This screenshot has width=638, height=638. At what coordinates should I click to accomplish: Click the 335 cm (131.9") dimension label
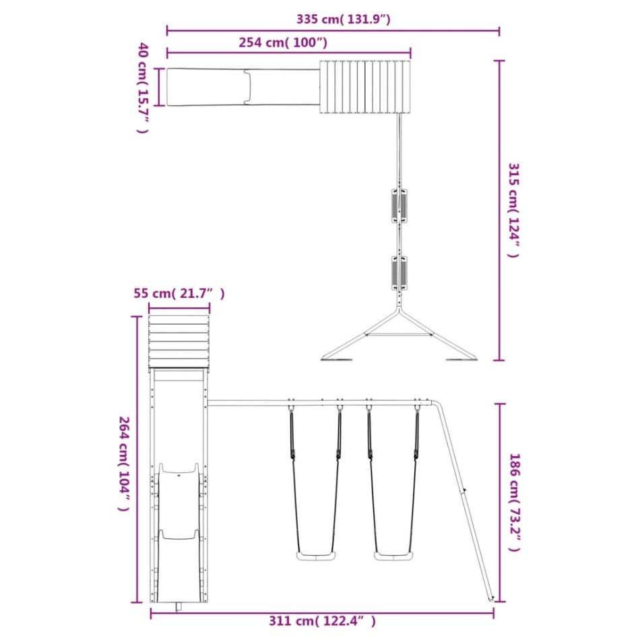(x=343, y=19)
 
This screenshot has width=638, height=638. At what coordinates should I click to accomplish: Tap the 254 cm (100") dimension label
(x=283, y=42)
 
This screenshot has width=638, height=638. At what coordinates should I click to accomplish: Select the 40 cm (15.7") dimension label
(x=143, y=88)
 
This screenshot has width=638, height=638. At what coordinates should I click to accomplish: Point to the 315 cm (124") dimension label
(x=514, y=210)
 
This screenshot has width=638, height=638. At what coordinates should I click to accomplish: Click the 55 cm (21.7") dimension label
(x=179, y=293)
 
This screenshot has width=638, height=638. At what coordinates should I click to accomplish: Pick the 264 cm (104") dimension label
(x=124, y=464)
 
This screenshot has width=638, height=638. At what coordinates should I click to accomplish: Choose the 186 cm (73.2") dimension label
(x=515, y=503)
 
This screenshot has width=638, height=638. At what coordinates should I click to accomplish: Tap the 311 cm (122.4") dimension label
(x=322, y=621)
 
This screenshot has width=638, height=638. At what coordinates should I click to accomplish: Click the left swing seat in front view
(x=316, y=556)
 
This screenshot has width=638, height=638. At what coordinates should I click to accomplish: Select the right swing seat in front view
(x=393, y=556)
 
